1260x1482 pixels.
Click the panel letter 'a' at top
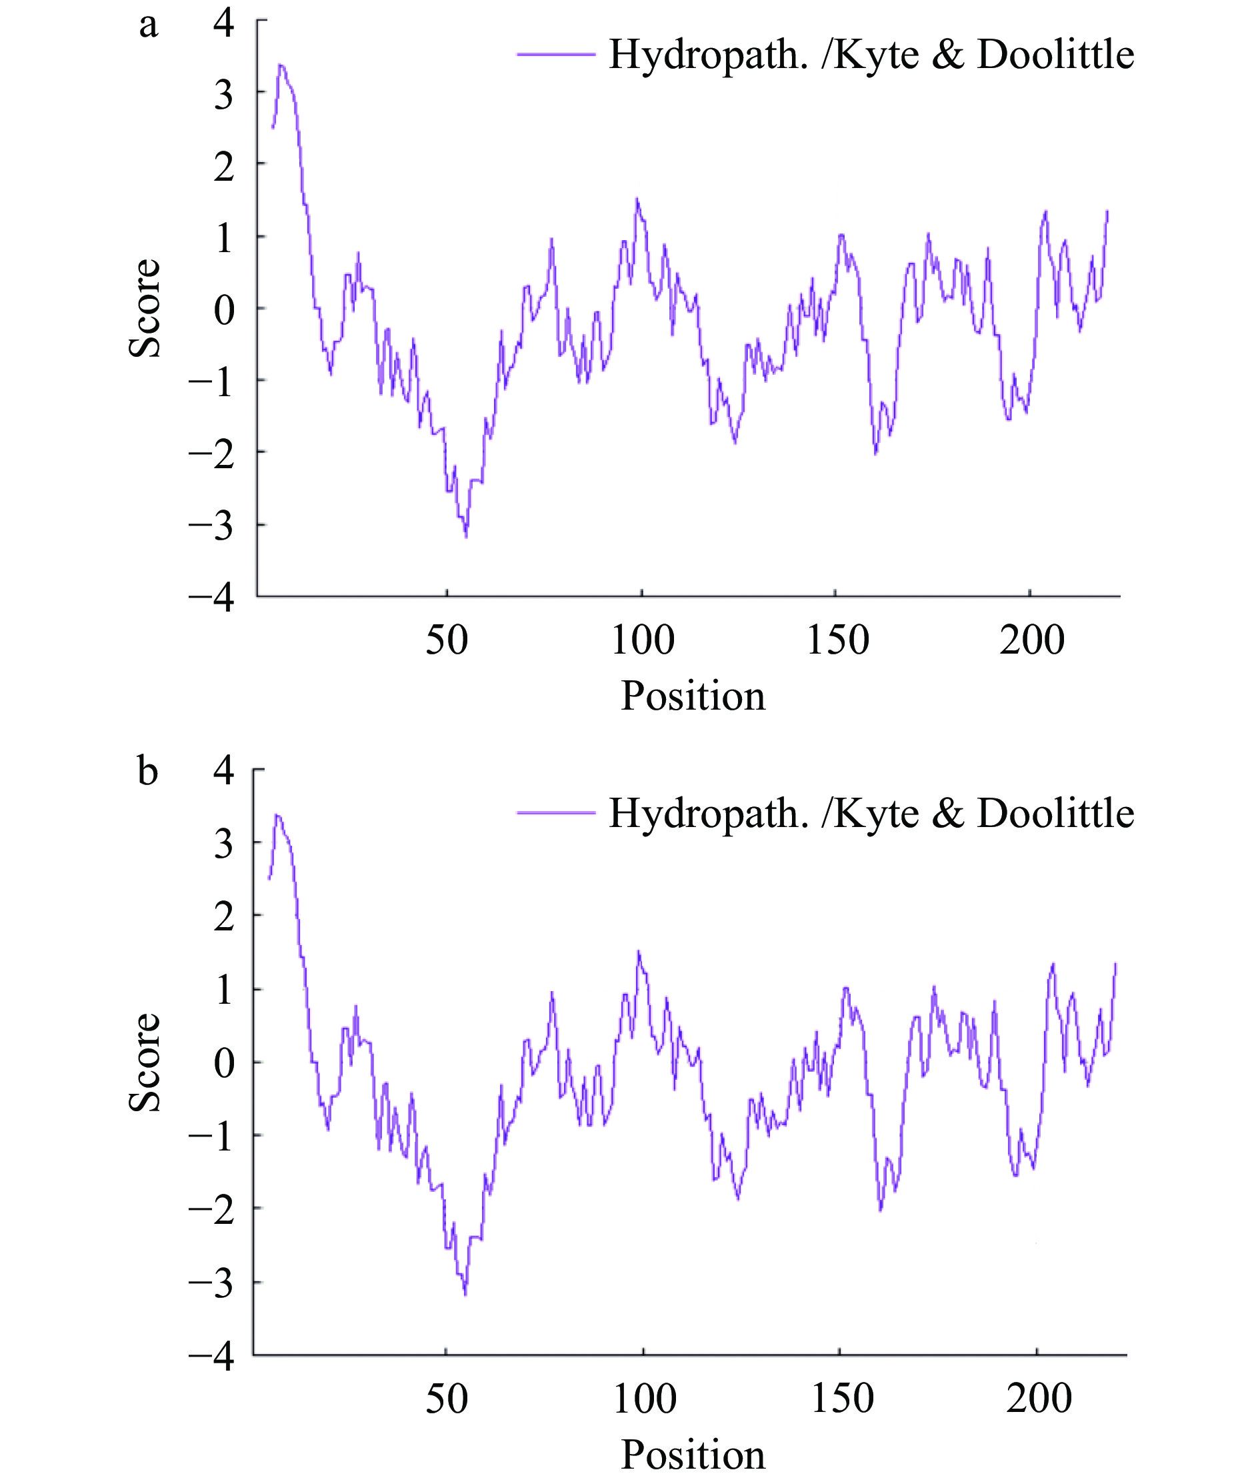(x=148, y=26)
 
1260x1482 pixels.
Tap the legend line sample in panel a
(x=556, y=53)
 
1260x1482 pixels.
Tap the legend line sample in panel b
(x=556, y=812)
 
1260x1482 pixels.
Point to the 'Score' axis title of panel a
(x=145, y=308)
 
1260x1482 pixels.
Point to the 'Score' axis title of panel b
(x=145, y=1062)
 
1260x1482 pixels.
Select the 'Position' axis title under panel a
(x=692, y=696)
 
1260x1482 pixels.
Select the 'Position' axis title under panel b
(x=692, y=1455)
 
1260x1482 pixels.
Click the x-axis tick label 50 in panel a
(x=447, y=640)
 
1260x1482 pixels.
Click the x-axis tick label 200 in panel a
(x=1031, y=640)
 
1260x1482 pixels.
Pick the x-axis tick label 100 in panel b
(x=644, y=1399)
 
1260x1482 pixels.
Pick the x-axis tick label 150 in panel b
(x=842, y=1399)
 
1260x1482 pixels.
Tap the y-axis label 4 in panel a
(x=223, y=23)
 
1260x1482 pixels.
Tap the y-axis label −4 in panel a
(x=212, y=598)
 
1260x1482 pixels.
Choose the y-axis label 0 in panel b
(x=223, y=1064)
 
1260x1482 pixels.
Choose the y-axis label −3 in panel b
(x=212, y=1284)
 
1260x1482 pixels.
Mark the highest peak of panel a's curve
(x=281, y=65)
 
